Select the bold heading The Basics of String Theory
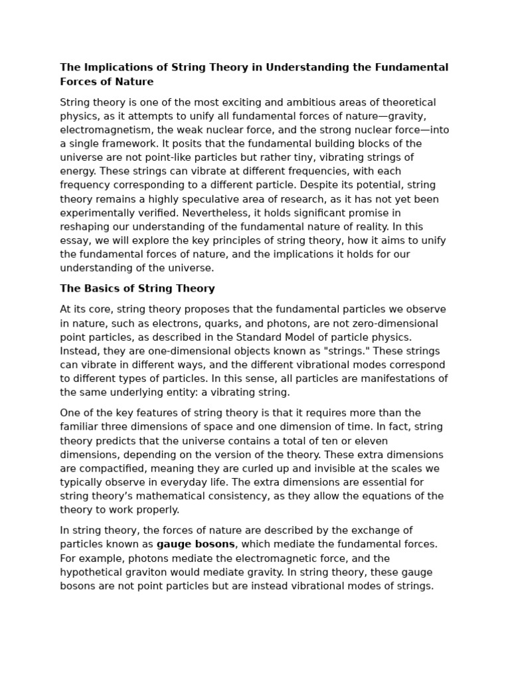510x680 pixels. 137,288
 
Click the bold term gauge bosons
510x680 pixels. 196,544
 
